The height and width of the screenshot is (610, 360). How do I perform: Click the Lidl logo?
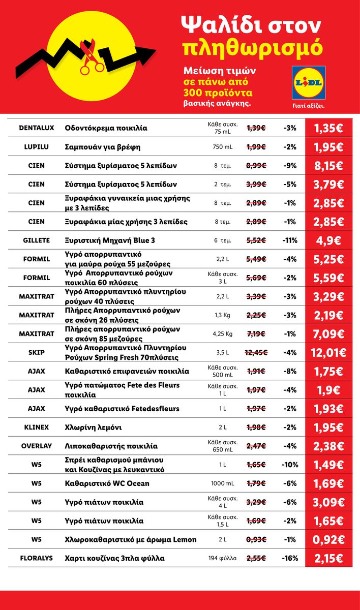coord(308,82)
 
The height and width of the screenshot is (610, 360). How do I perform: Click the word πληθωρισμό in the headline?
coord(252,48)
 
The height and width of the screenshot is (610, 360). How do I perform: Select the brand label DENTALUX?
coord(37,128)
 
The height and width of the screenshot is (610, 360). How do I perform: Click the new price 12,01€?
coord(328,353)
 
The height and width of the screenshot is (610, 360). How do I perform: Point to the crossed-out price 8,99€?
coord(256,166)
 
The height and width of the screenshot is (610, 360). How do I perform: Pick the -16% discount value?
coord(290,558)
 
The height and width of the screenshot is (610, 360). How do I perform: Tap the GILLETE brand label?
coord(37,240)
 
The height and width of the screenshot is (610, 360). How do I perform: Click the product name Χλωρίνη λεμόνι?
coord(93,428)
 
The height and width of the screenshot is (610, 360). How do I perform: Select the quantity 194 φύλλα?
coord(223,558)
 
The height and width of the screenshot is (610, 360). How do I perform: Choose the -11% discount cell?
coord(290,240)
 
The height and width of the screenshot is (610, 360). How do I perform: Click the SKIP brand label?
coord(37,352)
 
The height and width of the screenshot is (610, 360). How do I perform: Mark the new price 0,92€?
coord(328,539)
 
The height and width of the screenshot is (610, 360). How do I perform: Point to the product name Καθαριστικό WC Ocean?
coord(107,483)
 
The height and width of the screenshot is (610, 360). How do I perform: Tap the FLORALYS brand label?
coord(37,558)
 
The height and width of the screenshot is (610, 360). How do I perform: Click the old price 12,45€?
coord(256,352)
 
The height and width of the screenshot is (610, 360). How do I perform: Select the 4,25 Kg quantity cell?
coord(223,333)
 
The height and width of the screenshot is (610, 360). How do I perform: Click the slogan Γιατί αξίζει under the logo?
coord(309,106)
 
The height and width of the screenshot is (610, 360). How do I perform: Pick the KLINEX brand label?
coord(37,427)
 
